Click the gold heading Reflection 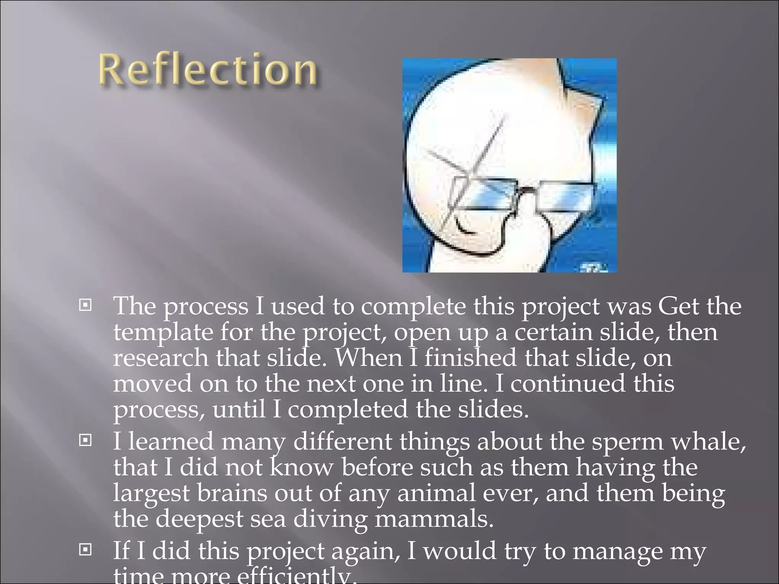(208, 70)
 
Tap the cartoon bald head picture (509, 165)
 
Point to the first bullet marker (85, 305)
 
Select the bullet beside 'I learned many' (85, 440)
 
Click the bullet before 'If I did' (85, 549)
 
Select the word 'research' (161, 358)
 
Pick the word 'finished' (470, 358)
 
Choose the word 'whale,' (708, 442)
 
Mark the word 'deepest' (199, 519)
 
